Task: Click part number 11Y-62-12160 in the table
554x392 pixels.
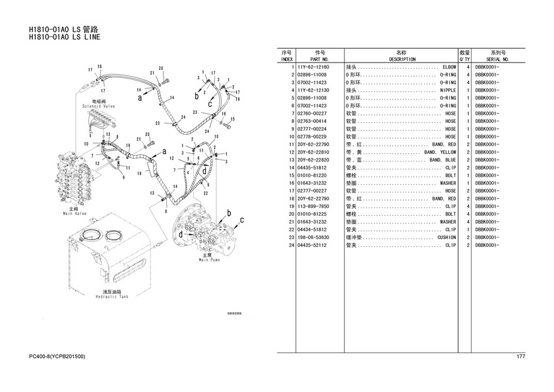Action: tap(313, 67)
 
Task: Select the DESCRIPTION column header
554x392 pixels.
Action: tap(402, 59)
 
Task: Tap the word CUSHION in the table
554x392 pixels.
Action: tap(446, 238)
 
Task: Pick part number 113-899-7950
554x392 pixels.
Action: tap(313, 207)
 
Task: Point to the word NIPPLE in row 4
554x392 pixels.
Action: tap(448, 90)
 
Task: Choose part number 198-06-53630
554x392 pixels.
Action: tap(313, 238)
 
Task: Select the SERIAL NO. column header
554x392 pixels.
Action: tap(498, 59)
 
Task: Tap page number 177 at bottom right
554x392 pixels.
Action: tap(520, 357)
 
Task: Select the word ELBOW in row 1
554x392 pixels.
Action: tap(449, 67)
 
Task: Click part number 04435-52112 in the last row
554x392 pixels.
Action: tap(313, 245)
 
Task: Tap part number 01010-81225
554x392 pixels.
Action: tap(313, 214)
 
